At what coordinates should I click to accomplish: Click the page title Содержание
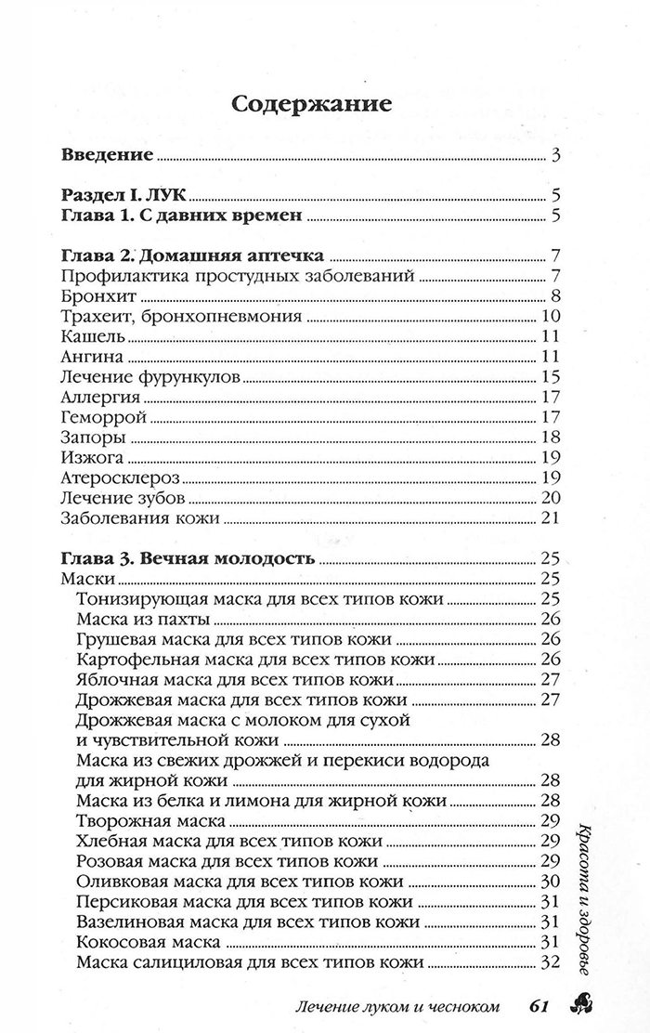(x=311, y=103)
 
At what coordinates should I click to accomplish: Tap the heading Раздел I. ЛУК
(x=123, y=196)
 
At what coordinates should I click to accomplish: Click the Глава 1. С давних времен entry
(x=181, y=217)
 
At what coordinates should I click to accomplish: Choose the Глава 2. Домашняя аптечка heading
(x=190, y=256)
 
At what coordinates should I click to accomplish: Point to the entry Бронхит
(x=86, y=297)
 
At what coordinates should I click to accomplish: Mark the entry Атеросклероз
(x=118, y=478)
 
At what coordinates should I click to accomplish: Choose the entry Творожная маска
(x=151, y=820)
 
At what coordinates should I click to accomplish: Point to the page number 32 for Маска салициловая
(x=549, y=961)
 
